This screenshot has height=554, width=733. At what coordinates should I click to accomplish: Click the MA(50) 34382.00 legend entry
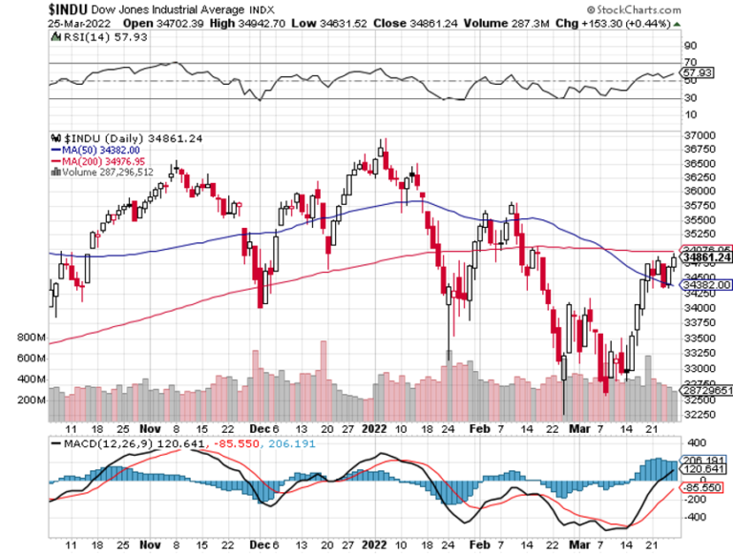click(95, 150)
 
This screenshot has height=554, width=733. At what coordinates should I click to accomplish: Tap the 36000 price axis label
click(701, 192)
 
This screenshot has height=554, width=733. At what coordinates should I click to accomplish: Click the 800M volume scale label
click(31, 337)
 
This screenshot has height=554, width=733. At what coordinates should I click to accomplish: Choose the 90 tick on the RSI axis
click(689, 44)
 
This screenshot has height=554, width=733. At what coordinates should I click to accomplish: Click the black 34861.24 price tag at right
click(705, 257)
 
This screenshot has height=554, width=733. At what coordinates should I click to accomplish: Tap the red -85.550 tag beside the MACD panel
click(702, 488)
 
